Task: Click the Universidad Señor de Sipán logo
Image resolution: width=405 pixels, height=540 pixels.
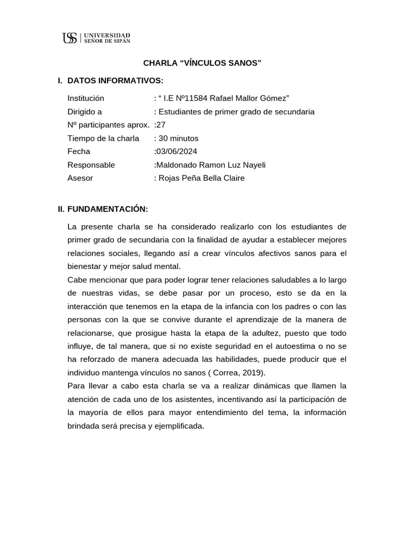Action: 96,37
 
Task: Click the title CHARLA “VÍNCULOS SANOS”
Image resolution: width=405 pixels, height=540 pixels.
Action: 202,63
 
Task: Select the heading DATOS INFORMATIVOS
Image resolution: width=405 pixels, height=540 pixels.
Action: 115,81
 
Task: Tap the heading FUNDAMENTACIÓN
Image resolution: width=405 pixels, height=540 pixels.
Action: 108,209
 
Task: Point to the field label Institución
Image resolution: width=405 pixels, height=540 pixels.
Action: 86,98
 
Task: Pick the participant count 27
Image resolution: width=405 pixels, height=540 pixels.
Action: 161,125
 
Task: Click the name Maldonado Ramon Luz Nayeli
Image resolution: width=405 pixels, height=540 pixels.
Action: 210,165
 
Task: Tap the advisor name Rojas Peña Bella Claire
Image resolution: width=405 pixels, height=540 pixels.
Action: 201,178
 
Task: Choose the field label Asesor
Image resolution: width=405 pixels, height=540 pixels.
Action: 80,178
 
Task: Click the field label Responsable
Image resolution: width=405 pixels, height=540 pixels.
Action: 91,165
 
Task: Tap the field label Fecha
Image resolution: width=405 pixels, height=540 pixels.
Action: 79,151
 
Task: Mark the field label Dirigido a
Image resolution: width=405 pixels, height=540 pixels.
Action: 85,112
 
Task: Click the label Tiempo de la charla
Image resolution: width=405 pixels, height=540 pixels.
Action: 103,138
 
